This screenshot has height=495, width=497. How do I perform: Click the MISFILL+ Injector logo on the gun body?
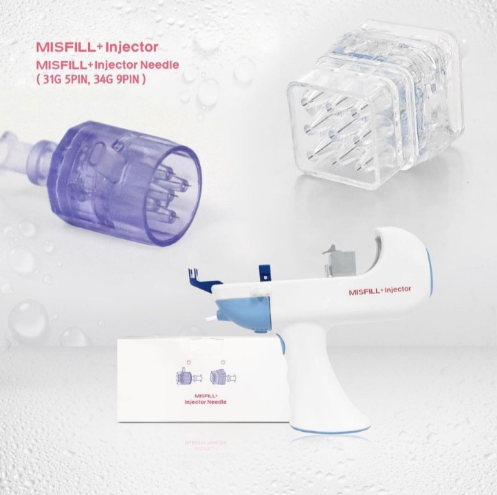(379, 290)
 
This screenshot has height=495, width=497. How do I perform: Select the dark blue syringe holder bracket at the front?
(203, 276)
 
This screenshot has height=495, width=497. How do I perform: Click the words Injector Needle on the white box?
(206, 402)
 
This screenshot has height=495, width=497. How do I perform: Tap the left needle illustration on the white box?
(188, 377)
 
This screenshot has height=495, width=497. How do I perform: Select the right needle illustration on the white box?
(223, 377)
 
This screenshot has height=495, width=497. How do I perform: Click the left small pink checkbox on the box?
(189, 362)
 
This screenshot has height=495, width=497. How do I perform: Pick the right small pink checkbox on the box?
(223, 362)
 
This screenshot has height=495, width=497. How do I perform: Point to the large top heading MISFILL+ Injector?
(97, 47)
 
